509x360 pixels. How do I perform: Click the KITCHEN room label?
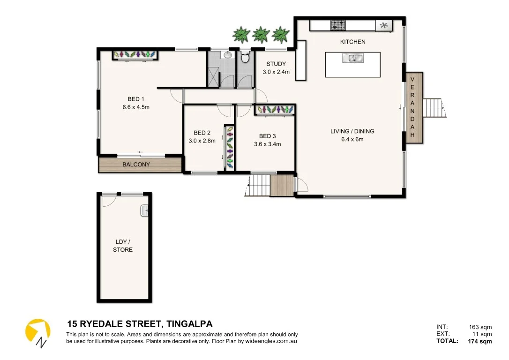352,42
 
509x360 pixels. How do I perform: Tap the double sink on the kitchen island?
352,59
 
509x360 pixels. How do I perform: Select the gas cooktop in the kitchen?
338,25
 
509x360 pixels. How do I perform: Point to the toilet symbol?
244,58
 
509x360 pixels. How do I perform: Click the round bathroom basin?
228,55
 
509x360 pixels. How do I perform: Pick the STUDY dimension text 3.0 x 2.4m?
276,72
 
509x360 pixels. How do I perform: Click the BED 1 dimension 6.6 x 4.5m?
136,107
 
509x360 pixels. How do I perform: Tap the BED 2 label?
202,133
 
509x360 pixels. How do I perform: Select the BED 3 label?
268,136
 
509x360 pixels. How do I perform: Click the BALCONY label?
136,165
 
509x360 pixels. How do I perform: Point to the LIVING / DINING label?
352,131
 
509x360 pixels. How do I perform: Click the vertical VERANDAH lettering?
412,107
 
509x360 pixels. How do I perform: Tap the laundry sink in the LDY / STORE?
145,211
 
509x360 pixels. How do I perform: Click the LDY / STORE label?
123,246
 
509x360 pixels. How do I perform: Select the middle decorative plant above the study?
261,35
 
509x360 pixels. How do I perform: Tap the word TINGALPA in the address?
190,324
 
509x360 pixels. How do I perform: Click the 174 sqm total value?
480,341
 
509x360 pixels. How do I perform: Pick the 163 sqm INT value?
480,327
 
